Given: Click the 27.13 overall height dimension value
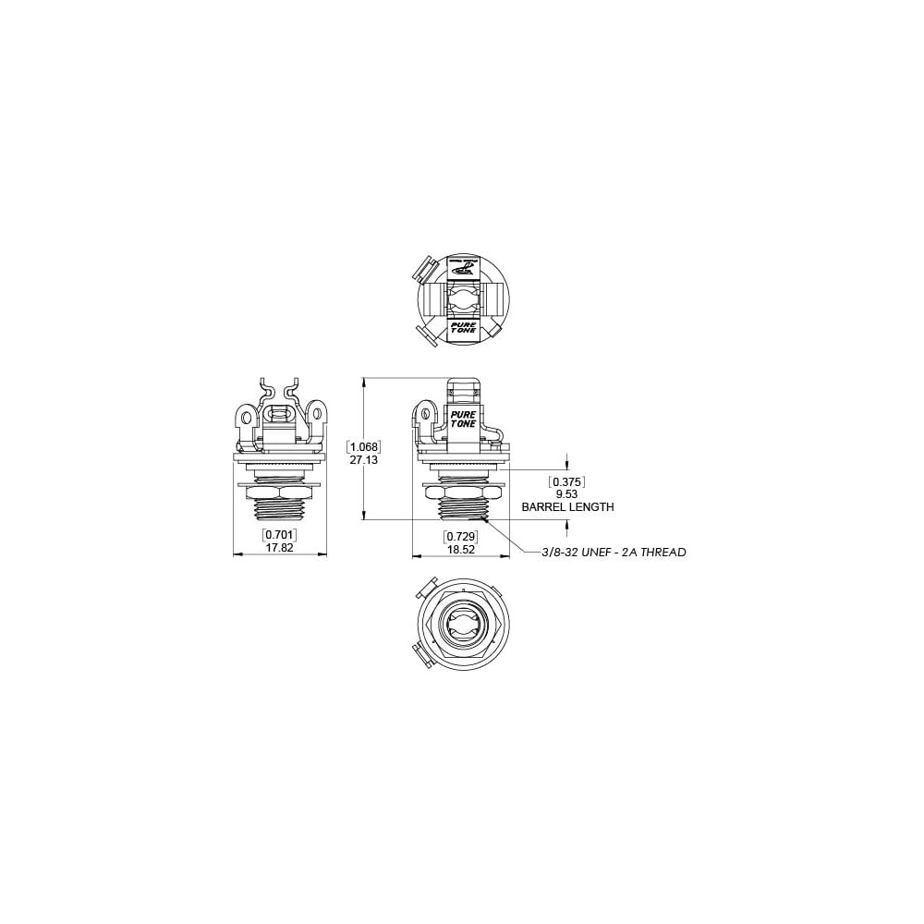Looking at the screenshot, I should (364, 459).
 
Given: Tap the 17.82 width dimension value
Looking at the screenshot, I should (279, 547).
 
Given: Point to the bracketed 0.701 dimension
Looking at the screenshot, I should (279, 535).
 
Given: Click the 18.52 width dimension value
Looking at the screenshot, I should (460, 548).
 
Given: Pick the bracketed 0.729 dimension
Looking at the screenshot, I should (460, 536).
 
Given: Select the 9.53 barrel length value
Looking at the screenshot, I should (567, 494).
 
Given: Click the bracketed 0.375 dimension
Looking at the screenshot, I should (567, 481).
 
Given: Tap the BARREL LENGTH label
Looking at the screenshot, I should (567, 507).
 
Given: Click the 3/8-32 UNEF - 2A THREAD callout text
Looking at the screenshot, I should (614, 553).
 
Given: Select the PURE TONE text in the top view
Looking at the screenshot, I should (462, 329).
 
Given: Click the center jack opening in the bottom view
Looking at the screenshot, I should (461, 626).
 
